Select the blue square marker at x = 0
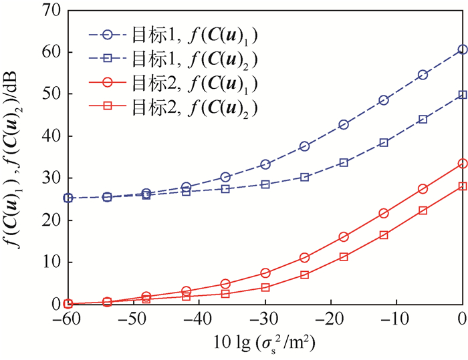pos(462,95)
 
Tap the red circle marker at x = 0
pos(462,164)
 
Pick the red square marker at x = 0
pos(462,186)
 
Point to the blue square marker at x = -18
pos(344,162)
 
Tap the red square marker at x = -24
pos(304,275)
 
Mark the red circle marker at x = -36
pos(226,284)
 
